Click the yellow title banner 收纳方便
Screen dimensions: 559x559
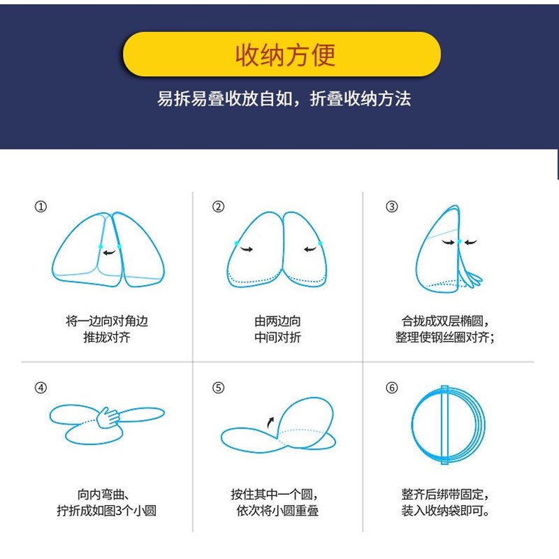pos(282,54)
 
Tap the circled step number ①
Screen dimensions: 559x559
pos(41,207)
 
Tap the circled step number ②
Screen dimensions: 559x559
pos(219,207)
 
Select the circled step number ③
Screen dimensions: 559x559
pos(392,207)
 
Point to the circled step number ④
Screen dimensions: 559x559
pos(41,389)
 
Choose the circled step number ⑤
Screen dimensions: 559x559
pos(219,389)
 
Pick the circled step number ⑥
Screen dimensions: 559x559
pos(392,389)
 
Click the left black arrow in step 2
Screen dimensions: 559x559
pos(246,248)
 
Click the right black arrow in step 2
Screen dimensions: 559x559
pos(310,248)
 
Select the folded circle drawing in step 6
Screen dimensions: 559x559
pos(447,425)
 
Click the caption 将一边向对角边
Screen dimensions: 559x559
pos(107,321)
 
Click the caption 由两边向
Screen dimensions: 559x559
pos(277,321)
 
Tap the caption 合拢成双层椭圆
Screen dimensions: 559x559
pos(445,321)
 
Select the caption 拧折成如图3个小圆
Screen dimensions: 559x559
pos(107,511)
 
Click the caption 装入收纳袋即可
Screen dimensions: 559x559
pos(445,511)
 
